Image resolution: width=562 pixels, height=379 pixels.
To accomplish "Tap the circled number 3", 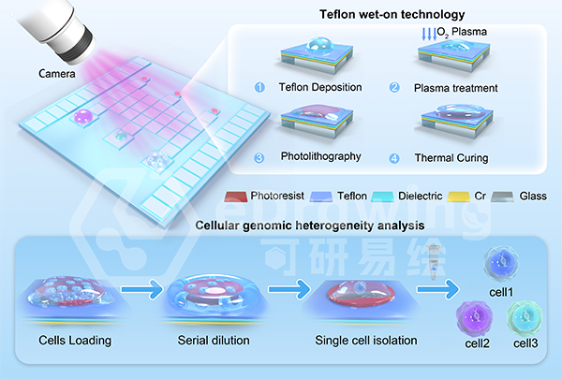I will pyautogui.click(x=259, y=157).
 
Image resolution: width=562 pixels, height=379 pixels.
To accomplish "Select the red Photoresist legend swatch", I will pyautogui.click(x=239, y=197).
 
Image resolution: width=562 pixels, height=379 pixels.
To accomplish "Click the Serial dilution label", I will pyautogui.click(x=212, y=341).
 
